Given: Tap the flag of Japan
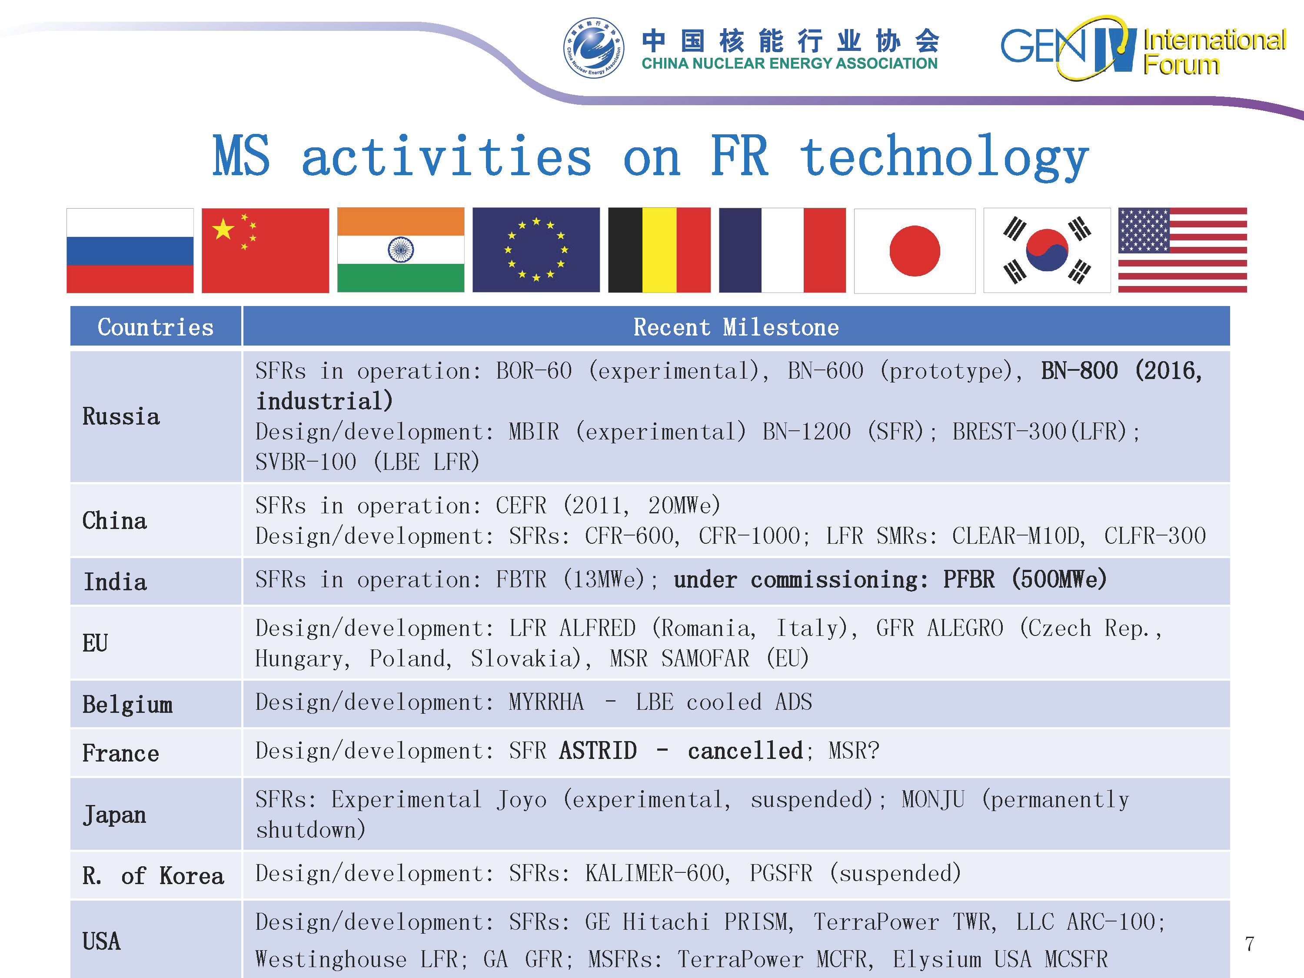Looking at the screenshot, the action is point(915,250).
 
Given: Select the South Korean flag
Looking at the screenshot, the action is point(1047,250).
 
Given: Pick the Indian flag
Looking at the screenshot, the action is point(401,250).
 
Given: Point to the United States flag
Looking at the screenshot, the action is point(1183,250).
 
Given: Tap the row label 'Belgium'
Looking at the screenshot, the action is point(127,705).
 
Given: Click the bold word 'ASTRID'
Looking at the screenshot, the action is point(598,750).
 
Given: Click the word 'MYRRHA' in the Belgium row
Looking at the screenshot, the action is point(546,702).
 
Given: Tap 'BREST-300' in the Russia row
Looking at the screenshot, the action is point(1009,432).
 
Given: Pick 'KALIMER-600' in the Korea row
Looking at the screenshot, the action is point(655,873).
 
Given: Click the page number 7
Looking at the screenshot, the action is point(1249,944).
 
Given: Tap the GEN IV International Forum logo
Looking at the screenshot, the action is point(1142,48).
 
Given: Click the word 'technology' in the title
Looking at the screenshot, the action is point(944,157).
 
